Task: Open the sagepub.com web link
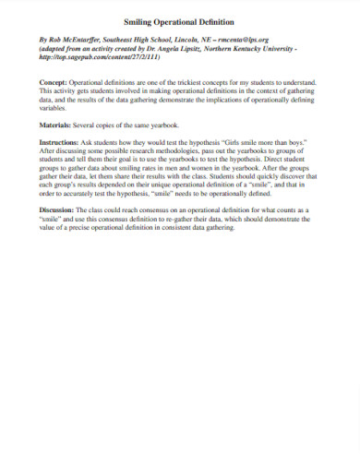pos(91,55)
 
